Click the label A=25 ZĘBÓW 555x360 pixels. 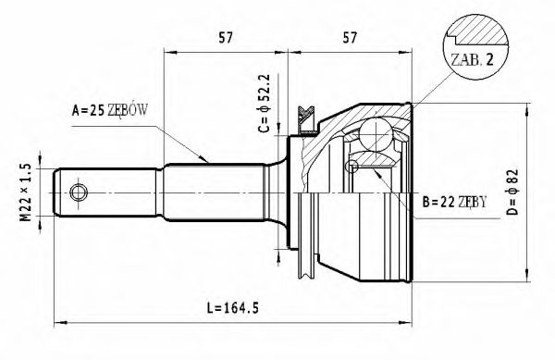click(x=110, y=111)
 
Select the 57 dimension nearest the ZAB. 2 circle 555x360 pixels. click(x=351, y=39)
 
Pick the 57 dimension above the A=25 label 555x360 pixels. click(x=224, y=39)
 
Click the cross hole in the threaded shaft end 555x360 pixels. click(x=79, y=192)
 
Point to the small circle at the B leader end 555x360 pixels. click(x=351, y=167)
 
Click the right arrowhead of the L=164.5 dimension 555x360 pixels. click(x=409, y=323)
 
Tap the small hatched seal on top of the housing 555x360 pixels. click(x=303, y=115)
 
